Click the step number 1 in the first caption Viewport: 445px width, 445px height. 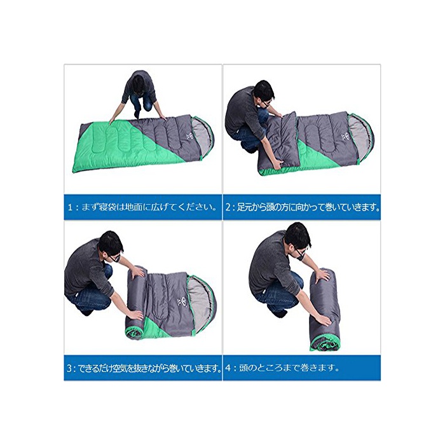pyautogui.click(x=70, y=207)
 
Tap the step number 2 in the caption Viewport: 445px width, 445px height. pyautogui.click(x=228, y=207)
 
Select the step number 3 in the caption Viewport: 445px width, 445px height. pyautogui.click(x=70, y=369)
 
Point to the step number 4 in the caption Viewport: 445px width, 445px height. pyautogui.click(x=228, y=368)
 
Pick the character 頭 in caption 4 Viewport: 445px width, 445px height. pyautogui.click(x=243, y=368)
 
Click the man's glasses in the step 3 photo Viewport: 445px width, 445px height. pyautogui.click(x=115, y=257)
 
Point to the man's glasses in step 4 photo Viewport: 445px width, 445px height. pyautogui.click(x=300, y=252)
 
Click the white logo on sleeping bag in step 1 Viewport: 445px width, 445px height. pyautogui.click(x=189, y=136)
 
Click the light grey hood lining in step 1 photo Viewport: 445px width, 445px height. pyautogui.click(x=201, y=135)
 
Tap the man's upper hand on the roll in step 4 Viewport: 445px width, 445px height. pyautogui.click(x=322, y=274)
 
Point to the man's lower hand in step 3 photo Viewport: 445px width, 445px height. pyautogui.click(x=135, y=314)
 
